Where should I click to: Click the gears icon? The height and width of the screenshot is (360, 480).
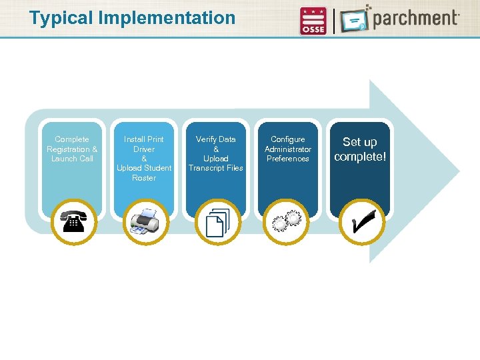pos(288,222)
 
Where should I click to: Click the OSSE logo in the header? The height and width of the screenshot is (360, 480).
pos(313,21)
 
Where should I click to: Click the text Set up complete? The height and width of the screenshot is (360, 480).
pos(360,149)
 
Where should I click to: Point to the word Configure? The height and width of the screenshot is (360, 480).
pos(288,139)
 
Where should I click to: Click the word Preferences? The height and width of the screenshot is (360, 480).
pos(288,159)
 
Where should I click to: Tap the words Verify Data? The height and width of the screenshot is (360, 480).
pos(216,139)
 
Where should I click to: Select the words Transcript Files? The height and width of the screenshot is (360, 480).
pos(216,168)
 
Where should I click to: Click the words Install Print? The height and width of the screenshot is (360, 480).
pos(144,139)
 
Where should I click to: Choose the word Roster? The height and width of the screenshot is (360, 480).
pos(144,178)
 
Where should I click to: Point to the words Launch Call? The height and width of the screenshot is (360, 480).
pos(72,159)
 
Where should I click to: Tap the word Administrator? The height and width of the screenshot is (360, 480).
pos(288,149)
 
